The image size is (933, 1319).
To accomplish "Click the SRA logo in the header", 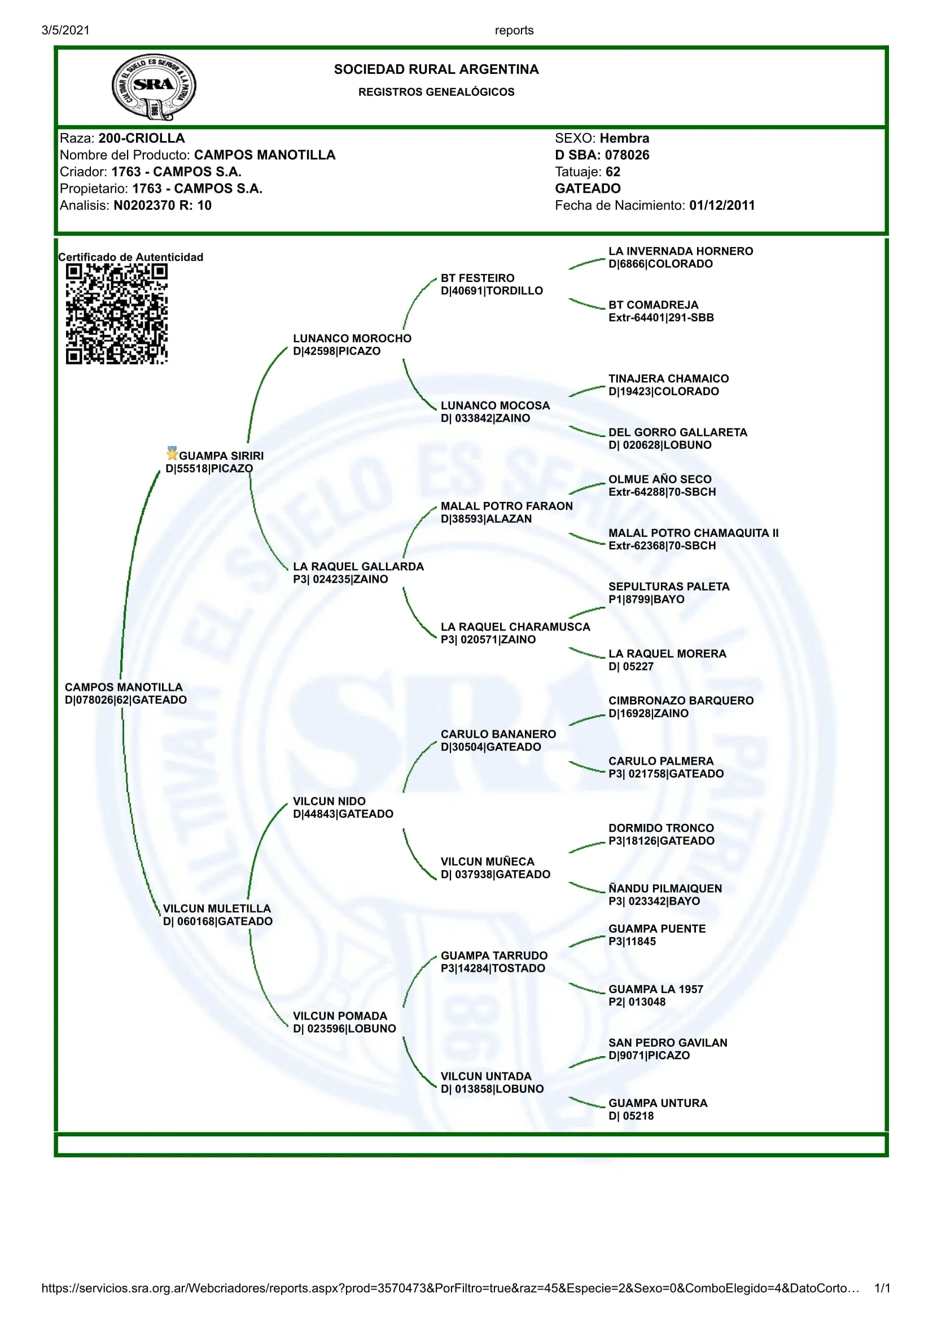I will coord(154,87).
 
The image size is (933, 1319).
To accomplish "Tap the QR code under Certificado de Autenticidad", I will coord(117,314).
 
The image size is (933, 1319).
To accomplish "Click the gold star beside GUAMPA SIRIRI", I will coord(172,453).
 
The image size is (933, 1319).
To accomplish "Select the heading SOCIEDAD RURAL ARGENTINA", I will coord(436,69).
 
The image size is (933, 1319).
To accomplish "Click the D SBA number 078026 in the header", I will coord(627,155).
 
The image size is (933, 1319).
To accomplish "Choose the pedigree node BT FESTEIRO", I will coord(477,278).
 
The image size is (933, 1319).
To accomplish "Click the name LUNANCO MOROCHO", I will coord(352,338).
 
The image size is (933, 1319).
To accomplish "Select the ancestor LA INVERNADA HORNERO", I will coord(680,251).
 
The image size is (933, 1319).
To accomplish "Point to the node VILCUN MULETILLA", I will coord(216,908).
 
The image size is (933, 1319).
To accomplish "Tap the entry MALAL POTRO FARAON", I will coord(506,506).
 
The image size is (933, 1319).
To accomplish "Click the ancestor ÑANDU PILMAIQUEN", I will coord(664,888).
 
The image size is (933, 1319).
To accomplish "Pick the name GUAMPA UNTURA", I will coord(658,1103).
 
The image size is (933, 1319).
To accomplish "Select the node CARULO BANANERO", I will coord(498,734).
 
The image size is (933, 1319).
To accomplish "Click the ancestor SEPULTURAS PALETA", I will coord(668,586).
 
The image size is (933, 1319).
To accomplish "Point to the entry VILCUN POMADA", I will coord(340,1016).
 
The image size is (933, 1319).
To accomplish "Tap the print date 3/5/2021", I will coord(65,30).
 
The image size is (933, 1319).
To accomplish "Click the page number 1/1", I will coord(881,1288).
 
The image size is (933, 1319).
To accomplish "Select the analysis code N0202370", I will coord(144,206).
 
